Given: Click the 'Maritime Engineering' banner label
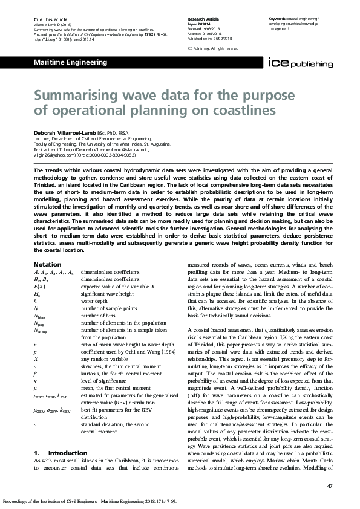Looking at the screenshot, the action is click(70, 62).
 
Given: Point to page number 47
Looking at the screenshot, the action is click(329, 486).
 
